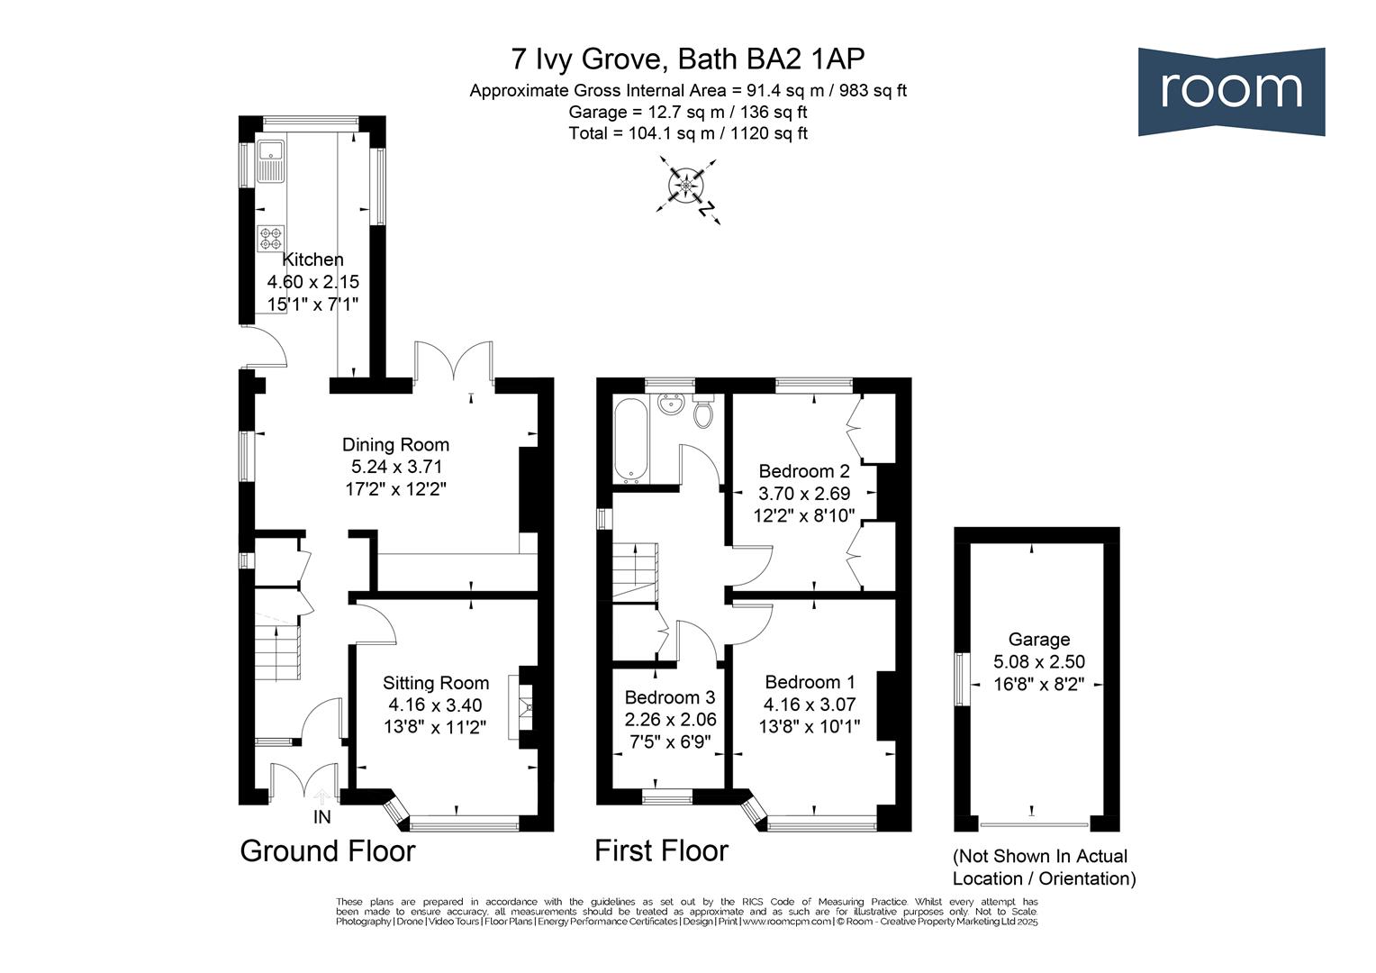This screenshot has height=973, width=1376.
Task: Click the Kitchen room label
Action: (312, 259)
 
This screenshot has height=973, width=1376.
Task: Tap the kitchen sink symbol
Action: (270, 161)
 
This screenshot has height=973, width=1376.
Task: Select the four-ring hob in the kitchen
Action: (271, 239)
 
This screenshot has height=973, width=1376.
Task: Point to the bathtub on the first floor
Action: (631, 438)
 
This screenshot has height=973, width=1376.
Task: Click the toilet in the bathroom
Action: (703, 413)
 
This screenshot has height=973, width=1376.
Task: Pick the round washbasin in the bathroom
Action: (670, 405)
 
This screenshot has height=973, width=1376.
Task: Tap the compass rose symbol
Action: (686, 186)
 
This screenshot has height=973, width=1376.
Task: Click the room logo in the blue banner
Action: (1231, 92)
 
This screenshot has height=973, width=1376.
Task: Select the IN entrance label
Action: (321, 817)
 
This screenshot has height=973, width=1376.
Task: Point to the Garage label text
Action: (1039, 640)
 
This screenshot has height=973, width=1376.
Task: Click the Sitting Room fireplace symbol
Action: (520, 707)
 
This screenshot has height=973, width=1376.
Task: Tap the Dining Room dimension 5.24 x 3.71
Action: (396, 467)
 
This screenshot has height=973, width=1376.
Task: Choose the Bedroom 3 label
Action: (670, 697)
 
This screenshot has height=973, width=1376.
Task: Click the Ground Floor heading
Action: (328, 851)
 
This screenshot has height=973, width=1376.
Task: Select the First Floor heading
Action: (661, 851)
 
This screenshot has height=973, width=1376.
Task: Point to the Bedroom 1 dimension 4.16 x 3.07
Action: (809, 705)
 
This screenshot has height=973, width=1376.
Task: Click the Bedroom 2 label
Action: (804, 471)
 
